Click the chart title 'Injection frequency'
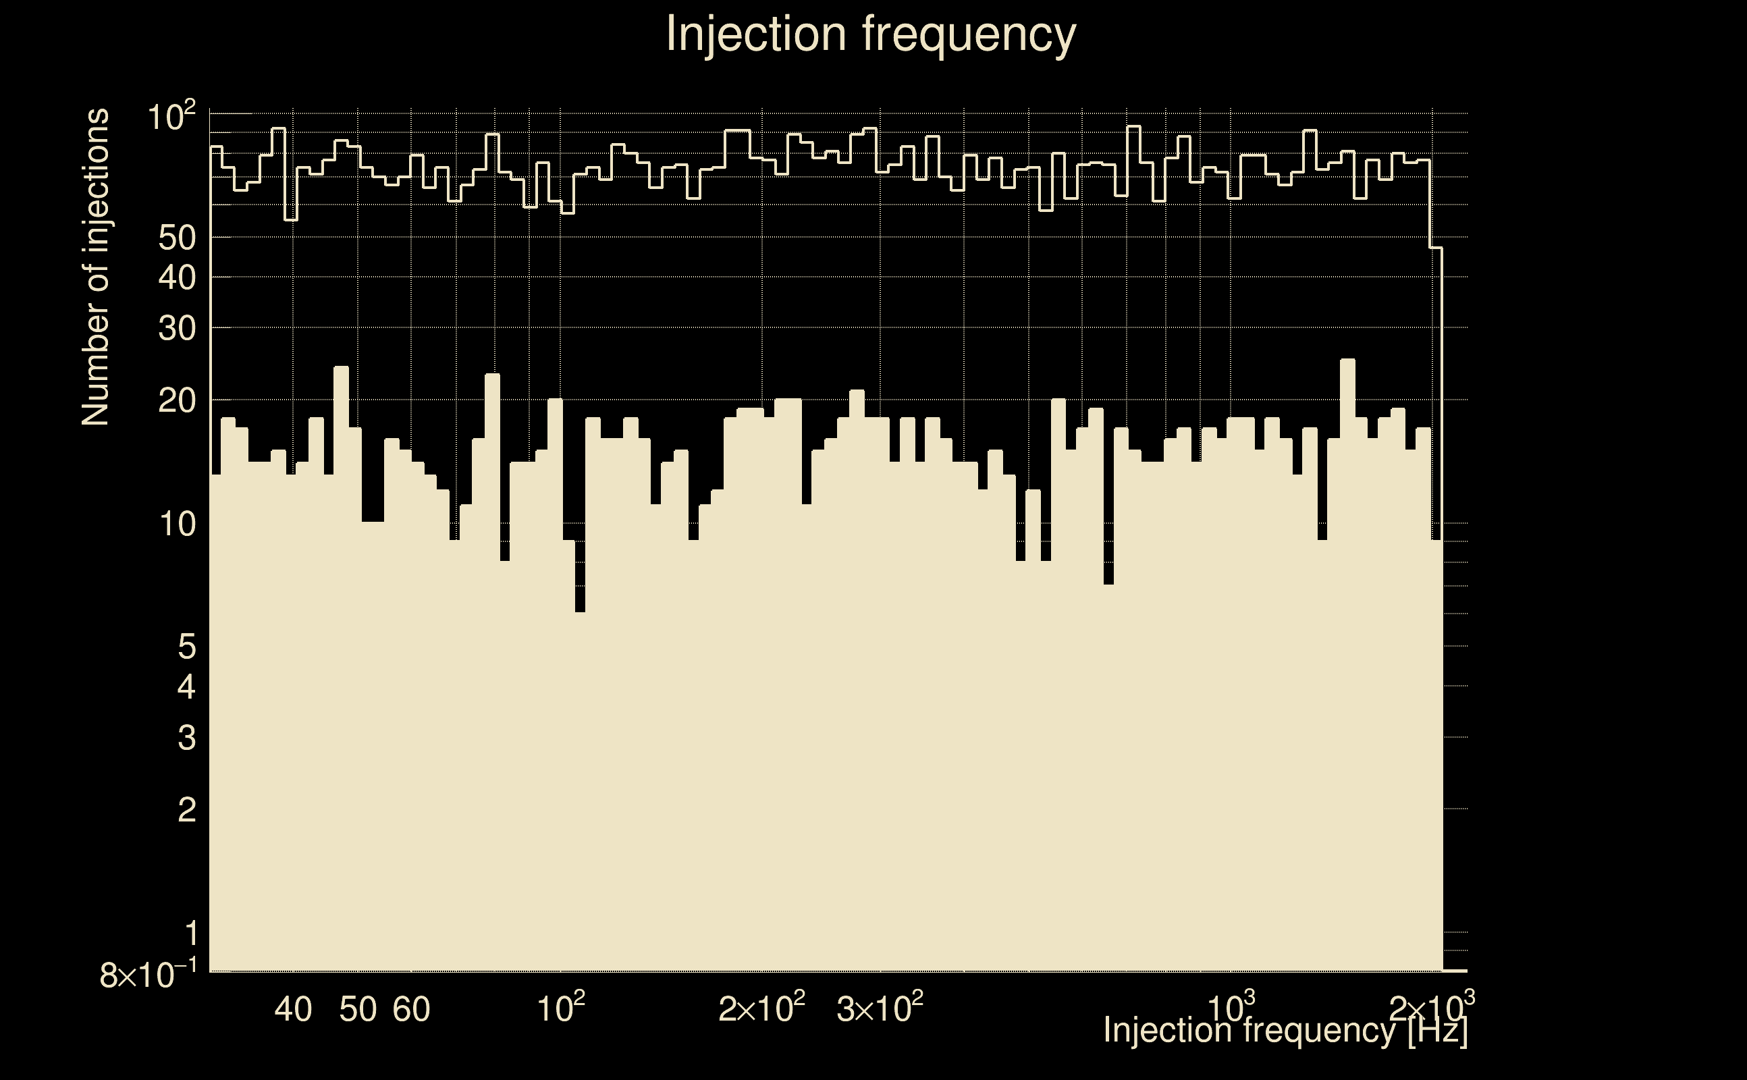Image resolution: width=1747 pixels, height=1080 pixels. coord(871,34)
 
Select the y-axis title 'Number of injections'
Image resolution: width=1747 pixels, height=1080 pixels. coord(96,267)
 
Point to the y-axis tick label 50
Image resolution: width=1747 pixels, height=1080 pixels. coord(176,238)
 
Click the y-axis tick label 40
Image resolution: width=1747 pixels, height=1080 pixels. coord(176,278)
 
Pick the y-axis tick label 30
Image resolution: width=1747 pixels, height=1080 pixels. coord(176,329)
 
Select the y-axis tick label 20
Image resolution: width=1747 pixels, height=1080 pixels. coord(176,402)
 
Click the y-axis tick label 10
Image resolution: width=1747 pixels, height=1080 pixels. coord(176,525)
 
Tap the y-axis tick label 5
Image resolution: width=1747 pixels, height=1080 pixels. coord(186,647)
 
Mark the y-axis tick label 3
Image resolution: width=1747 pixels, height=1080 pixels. coord(186,738)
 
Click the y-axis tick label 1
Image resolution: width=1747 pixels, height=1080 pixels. coord(190,934)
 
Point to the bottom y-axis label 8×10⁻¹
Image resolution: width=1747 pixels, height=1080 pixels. coord(148,975)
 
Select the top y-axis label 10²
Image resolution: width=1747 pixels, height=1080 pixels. coord(171,116)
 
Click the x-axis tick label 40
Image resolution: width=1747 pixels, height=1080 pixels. coord(293,1009)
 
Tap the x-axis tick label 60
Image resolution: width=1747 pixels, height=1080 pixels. coord(411,1009)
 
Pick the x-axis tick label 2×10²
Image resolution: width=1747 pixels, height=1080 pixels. coord(761,1008)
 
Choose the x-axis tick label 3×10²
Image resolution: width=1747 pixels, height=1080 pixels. coord(879,1008)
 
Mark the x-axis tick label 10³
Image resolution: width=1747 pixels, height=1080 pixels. coord(1231,1008)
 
